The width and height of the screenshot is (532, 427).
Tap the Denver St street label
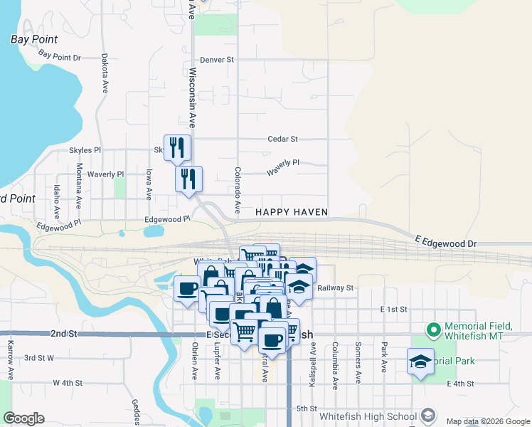(217, 60)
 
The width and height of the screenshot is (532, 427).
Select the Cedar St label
(282, 139)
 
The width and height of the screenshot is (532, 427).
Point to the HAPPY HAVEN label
(292, 212)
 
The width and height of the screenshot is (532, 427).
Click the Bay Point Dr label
(60, 56)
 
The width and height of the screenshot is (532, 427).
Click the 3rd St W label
(39, 358)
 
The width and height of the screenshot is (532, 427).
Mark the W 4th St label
(68, 383)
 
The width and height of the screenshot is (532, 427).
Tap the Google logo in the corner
(23, 418)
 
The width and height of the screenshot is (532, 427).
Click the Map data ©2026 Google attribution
(487, 421)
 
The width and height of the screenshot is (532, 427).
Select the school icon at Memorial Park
(420, 362)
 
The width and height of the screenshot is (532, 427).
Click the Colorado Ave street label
(238, 189)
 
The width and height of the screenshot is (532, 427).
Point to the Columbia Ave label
(334, 365)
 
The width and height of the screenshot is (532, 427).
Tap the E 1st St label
(393, 310)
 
